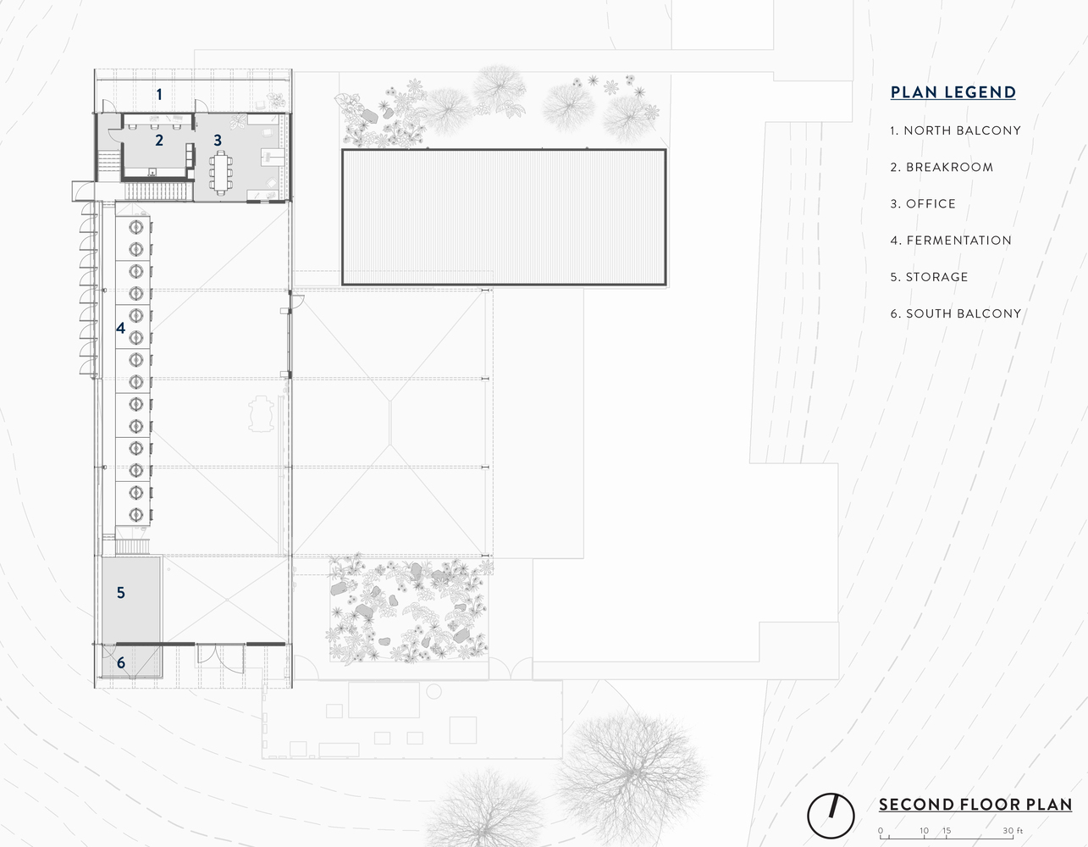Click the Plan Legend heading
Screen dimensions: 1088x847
point(953,92)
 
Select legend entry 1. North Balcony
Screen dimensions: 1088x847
point(955,130)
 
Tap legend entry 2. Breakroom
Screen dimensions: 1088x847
point(942,168)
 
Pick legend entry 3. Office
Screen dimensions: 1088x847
point(923,204)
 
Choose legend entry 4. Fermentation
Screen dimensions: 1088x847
point(951,241)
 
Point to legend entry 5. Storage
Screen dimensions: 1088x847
point(929,277)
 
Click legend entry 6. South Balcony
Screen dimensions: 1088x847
point(955,313)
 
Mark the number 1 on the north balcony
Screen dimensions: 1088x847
point(159,94)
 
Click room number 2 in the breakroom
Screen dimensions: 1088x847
point(159,141)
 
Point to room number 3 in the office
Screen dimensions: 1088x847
point(218,141)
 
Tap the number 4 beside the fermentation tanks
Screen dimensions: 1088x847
point(121,328)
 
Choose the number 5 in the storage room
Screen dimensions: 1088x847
point(121,593)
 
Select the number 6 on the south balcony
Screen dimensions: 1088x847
point(121,662)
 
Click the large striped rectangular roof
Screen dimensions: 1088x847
point(504,217)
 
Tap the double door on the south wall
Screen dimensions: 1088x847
point(220,657)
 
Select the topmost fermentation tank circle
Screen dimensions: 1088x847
point(135,227)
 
